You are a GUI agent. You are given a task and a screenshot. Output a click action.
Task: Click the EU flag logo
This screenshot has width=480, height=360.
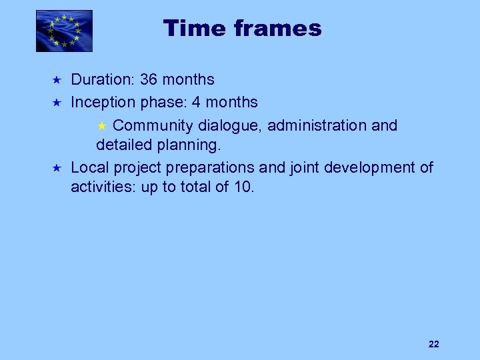pos(64,31)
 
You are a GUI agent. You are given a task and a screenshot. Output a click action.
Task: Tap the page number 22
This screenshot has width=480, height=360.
pos(433,344)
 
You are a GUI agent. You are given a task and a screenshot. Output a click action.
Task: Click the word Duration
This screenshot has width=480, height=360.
pos(102,80)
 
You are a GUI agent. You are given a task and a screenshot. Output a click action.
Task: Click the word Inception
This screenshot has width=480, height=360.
pos(104,103)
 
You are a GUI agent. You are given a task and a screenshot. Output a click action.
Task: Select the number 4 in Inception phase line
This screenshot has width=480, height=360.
pos(196,103)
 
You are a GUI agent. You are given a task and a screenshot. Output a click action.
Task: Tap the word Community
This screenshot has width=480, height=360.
pos(153,125)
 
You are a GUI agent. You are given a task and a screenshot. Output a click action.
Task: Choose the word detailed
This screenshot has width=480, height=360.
pos(122,145)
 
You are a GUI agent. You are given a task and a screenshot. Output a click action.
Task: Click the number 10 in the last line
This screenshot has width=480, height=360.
pos(243,187)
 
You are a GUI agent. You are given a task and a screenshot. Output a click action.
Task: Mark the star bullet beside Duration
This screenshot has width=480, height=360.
pos(57,80)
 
